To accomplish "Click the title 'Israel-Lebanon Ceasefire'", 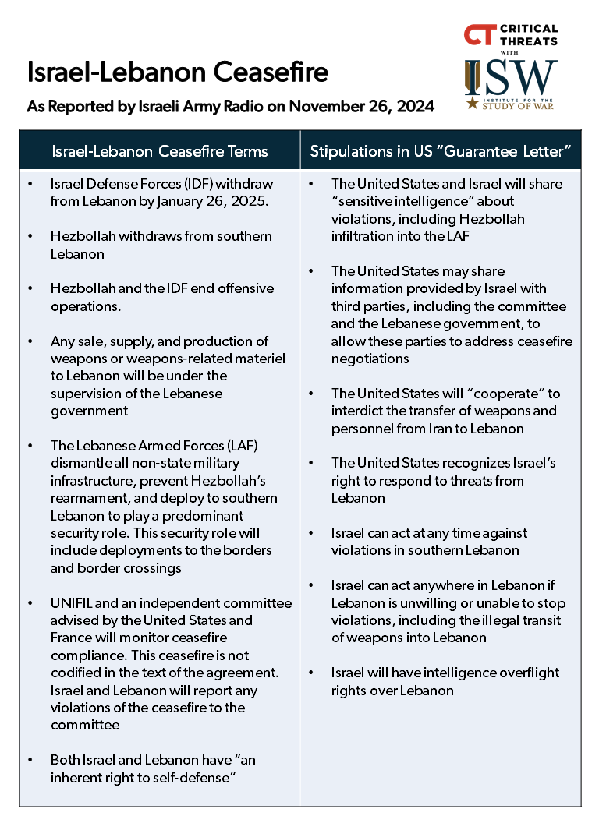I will click(177, 72).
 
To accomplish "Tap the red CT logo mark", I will click(477, 35).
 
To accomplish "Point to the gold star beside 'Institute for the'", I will click(473, 103).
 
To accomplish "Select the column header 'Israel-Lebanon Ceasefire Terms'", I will click(159, 151).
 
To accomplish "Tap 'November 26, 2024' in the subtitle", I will click(361, 106).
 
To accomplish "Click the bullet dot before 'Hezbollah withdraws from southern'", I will click(30, 236).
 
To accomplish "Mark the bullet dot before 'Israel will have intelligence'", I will click(311, 673).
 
